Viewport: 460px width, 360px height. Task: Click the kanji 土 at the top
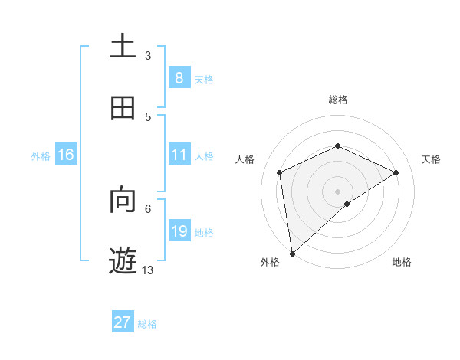pos(123,47)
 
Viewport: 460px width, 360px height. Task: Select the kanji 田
pos(123,108)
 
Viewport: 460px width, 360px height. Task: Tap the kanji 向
pos(123,200)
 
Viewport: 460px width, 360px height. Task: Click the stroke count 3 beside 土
pos(148,55)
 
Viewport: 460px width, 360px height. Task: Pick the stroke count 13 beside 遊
pos(148,270)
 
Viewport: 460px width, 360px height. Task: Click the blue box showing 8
pos(179,78)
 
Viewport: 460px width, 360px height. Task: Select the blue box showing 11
pos(179,155)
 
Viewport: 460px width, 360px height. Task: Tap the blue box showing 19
pos(179,231)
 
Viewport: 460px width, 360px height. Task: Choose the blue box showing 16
pos(66,155)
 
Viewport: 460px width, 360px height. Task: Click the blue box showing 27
pos(123,322)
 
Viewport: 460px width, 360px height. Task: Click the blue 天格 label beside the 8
pos(204,79)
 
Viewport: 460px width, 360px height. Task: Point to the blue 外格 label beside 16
pos(41,155)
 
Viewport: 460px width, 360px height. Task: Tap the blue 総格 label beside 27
pos(147,323)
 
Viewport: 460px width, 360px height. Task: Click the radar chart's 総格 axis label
pos(338,100)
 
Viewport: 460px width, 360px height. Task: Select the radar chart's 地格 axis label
pos(402,262)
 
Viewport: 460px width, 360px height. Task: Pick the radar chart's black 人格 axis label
pos(245,159)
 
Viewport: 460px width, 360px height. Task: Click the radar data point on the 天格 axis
pos(396,172)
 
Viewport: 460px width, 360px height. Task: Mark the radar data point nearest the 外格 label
pos(292,254)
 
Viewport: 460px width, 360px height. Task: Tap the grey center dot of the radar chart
pos(338,191)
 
